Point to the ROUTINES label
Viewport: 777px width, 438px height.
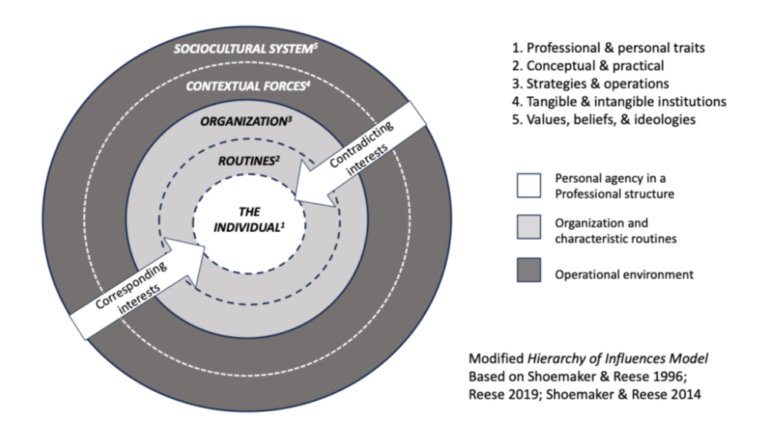(245, 161)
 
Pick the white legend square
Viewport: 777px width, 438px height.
(528, 185)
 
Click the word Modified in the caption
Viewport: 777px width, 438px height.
(494, 359)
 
